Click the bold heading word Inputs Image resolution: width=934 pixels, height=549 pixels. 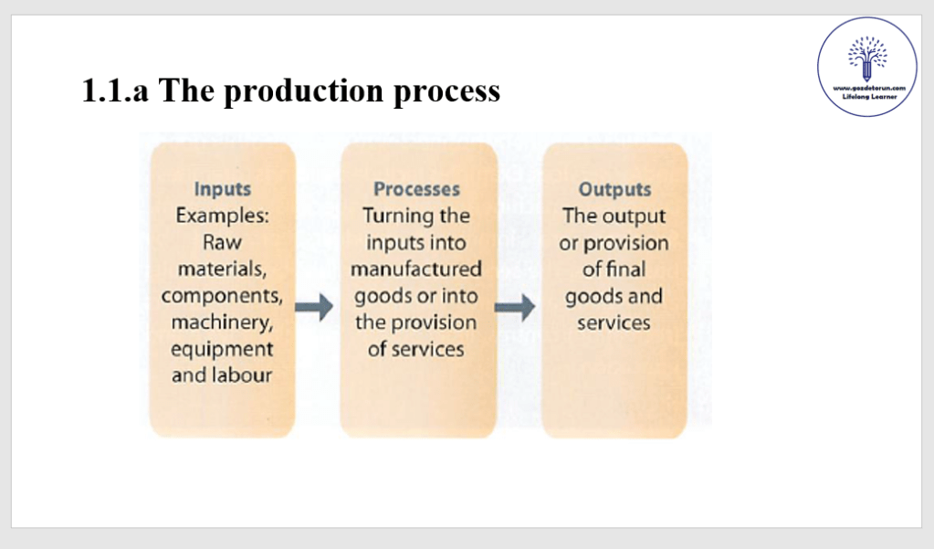point(222,190)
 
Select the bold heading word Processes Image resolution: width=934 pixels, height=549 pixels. point(416,190)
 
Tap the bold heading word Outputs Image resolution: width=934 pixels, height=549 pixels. point(614,190)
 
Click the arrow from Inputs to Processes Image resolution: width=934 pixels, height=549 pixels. point(314,309)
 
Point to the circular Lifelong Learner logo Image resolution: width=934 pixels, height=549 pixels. point(866,67)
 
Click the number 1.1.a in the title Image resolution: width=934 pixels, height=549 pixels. point(116,91)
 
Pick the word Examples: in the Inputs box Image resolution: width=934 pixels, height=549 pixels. point(222,216)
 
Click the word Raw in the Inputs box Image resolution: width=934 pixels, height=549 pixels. point(222,243)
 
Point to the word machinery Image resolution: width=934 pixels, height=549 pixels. point(221,322)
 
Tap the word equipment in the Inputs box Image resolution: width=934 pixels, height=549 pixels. point(222,349)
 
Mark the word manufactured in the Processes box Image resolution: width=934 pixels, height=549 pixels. point(416,269)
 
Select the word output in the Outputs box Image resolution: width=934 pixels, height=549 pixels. point(634,216)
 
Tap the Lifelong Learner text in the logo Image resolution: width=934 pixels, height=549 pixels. point(866,95)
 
